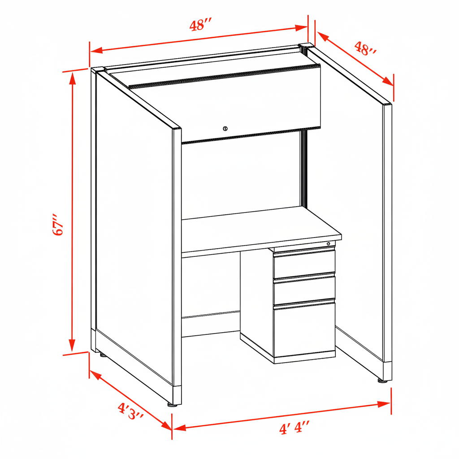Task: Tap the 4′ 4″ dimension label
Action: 294,428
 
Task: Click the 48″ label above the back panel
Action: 200,25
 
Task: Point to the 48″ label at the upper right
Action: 365,48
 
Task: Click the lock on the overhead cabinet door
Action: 225,128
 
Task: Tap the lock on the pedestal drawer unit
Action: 329,243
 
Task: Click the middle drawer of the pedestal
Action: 304,290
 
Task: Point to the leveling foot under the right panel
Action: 382,381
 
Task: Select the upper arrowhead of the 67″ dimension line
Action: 72,78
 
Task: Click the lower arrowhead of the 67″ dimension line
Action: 72,345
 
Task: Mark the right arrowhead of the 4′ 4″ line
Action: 384,404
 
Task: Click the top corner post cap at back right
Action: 305,45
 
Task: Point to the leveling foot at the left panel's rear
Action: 103,355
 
